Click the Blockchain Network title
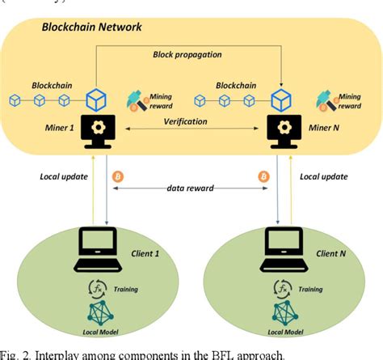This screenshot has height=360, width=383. pyautogui.click(x=91, y=28)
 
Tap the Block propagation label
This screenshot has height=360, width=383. pyautogui.click(x=189, y=55)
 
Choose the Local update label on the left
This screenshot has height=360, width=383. pyautogui.click(x=61, y=175)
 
